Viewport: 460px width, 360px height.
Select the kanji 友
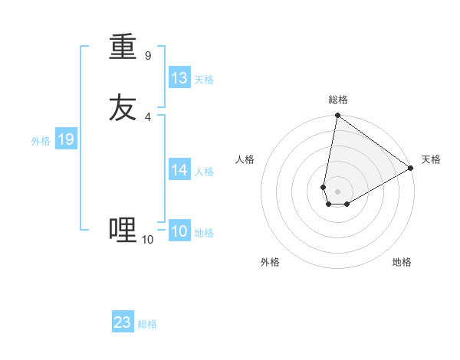pyautogui.click(x=123, y=108)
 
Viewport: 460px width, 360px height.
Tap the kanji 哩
pyautogui.click(x=123, y=229)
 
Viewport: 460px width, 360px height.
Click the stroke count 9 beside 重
pyautogui.click(x=148, y=55)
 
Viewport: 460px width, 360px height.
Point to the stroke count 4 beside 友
pyautogui.click(x=148, y=116)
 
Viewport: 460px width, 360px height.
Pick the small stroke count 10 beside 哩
pyautogui.click(x=148, y=240)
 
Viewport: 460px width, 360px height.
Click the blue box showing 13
pyautogui.click(x=179, y=78)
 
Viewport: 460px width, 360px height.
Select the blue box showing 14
pyautogui.click(x=179, y=170)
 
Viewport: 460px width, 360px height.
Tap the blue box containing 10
pyautogui.click(x=179, y=231)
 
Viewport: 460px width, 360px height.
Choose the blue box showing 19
pyautogui.click(x=66, y=139)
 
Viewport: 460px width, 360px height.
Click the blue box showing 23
pyautogui.click(x=123, y=322)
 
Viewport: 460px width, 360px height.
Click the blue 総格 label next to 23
pyautogui.click(x=148, y=324)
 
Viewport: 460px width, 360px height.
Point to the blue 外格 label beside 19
pyautogui.click(x=41, y=141)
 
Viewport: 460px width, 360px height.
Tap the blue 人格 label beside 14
pyautogui.click(x=204, y=172)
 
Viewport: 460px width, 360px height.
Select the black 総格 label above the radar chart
pyautogui.click(x=338, y=100)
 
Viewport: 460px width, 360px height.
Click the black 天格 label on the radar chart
pyautogui.click(x=431, y=159)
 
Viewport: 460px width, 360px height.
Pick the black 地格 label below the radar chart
pyautogui.click(x=402, y=262)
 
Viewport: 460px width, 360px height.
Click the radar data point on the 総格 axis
pyautogui.click(x=337, y=116)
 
